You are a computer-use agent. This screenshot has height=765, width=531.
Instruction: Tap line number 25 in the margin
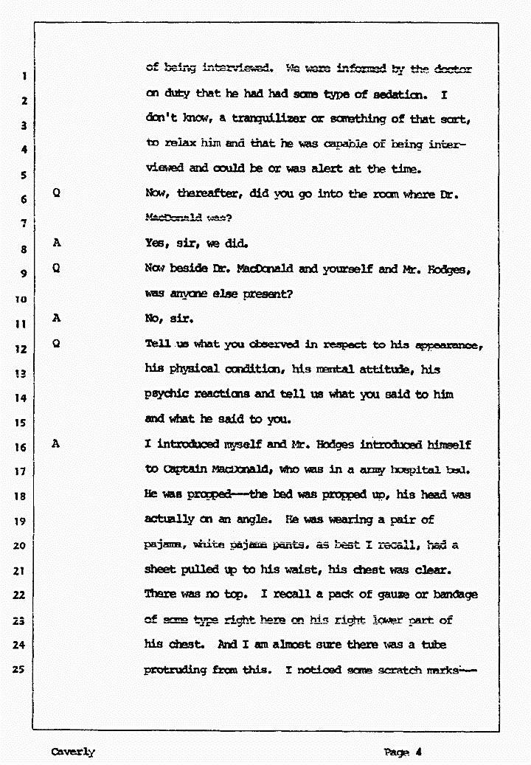coord(23,671)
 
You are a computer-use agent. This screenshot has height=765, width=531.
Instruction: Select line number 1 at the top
coord(24,75)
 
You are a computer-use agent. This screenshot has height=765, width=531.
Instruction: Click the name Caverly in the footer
coord(73,752)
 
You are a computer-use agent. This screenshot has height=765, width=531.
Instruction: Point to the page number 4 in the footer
coord(418,752)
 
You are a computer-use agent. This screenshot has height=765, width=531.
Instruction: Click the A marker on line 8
coord(57,243)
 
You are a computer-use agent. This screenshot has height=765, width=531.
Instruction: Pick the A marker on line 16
coord(57,445)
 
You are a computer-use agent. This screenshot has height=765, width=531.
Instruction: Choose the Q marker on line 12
coord(57,344)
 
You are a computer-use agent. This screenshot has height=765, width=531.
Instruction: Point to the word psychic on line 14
coord(167,395)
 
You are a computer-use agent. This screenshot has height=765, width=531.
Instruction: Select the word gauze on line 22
coord(399,595)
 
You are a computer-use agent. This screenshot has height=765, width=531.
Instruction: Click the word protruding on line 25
coord(176,671)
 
